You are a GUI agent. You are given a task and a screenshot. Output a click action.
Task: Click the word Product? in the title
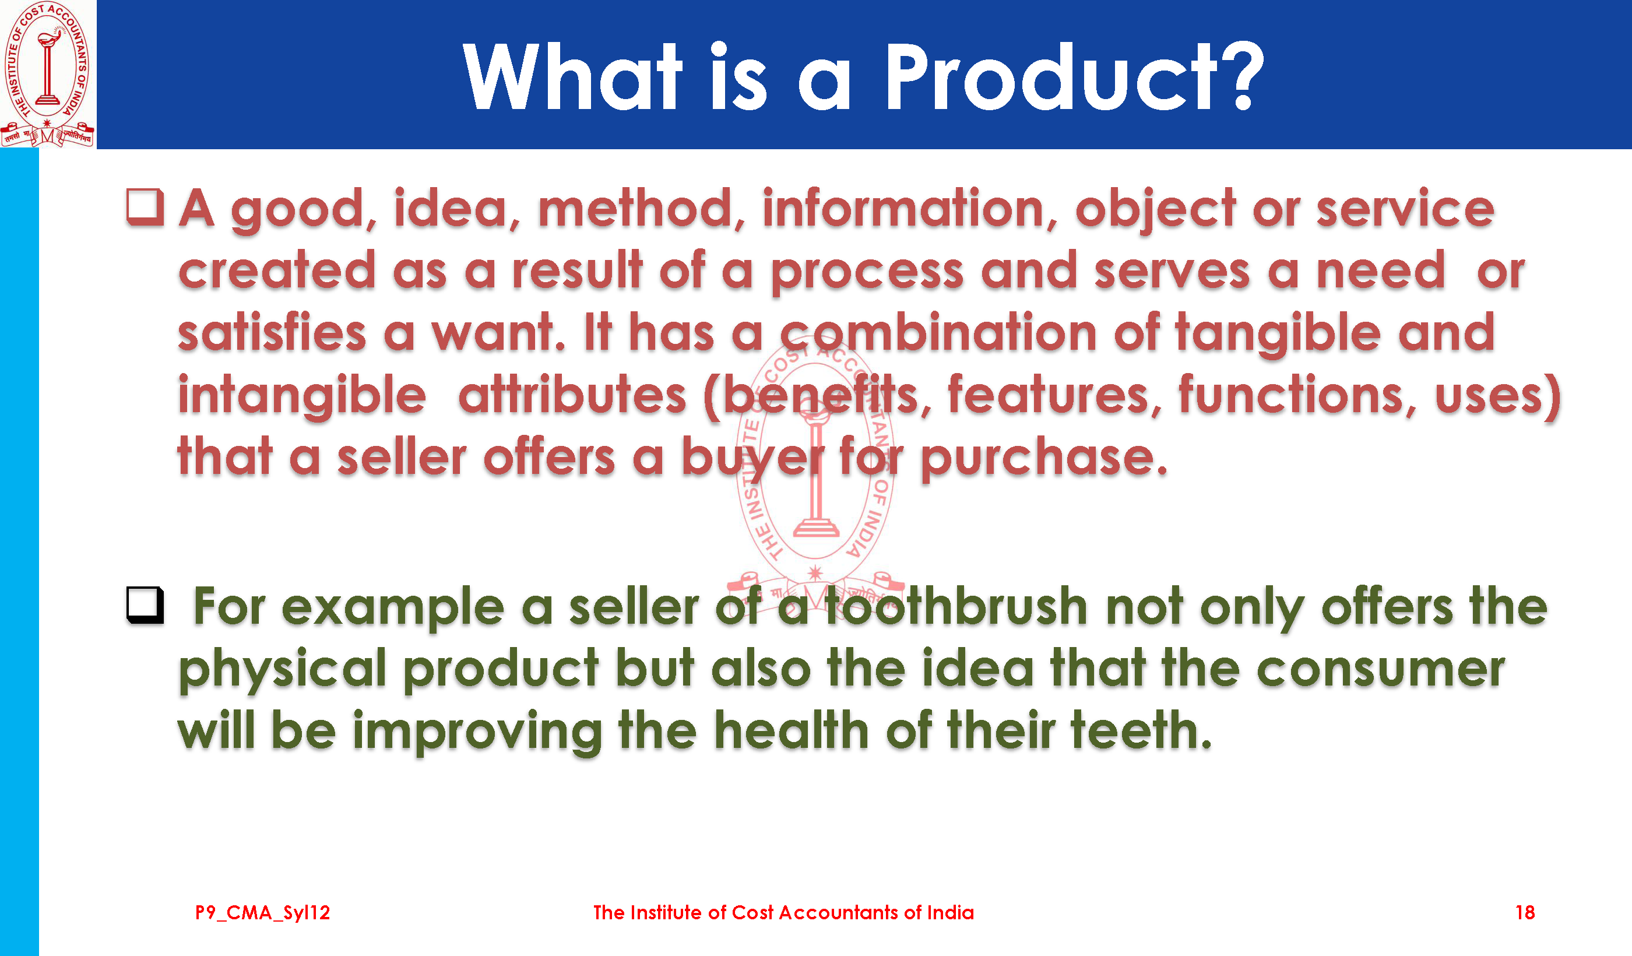[x=1074, y=76]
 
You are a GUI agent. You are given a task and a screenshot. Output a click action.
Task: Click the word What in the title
[x=572, y=76]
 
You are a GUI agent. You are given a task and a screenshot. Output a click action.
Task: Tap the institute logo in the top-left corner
[x=47, y=73]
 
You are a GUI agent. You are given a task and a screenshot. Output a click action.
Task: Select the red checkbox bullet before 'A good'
[x=145, y=208]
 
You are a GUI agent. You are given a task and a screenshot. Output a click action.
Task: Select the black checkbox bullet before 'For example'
[x=145, y=605]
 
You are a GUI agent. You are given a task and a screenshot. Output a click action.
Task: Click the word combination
[x=938, y=332]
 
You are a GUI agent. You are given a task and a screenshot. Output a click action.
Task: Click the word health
[x=792, y=730]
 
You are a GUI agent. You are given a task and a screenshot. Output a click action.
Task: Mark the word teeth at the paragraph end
[x=1141, y=730]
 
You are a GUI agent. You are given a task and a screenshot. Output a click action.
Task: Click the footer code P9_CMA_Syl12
[x=262, y=913]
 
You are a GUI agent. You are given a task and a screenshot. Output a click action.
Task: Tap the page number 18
[x=1525, y=913]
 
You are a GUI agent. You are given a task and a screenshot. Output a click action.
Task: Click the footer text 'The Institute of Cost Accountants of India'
[x=783, y=913]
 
